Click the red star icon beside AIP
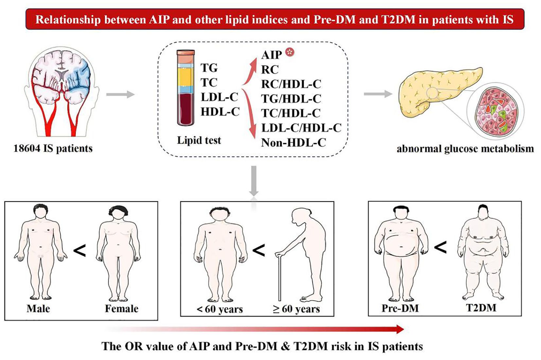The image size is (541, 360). [289, 52]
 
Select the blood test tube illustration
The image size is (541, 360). [185, 88]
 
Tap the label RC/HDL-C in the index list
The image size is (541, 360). [291, 84]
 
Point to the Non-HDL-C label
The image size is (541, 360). [293, 143]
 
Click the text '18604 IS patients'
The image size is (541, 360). [53, 148]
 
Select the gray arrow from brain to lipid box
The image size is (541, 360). [120, 95]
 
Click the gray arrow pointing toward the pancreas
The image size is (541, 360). [378, 94]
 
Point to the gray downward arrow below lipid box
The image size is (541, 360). [253, 181]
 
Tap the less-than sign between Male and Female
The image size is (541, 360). [79, 251]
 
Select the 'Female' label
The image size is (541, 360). [122, 309]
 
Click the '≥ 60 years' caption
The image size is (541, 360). [296, 309]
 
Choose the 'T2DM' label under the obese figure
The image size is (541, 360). [481, 308]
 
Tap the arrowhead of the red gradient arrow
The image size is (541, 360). [400, 329]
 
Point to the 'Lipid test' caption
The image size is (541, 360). [199, 140]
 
